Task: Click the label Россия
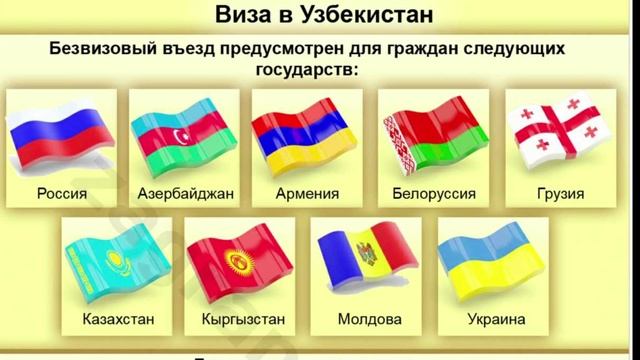click(x=61, y=193)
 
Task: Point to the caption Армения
click(x=306, y=193)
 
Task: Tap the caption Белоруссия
click(x=433, y=193)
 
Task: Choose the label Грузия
click(x=558, y=193)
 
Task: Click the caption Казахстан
click(x=119, y=321)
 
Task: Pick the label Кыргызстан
click(x=243, y=321)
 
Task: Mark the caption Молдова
click(x=367, y=321)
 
